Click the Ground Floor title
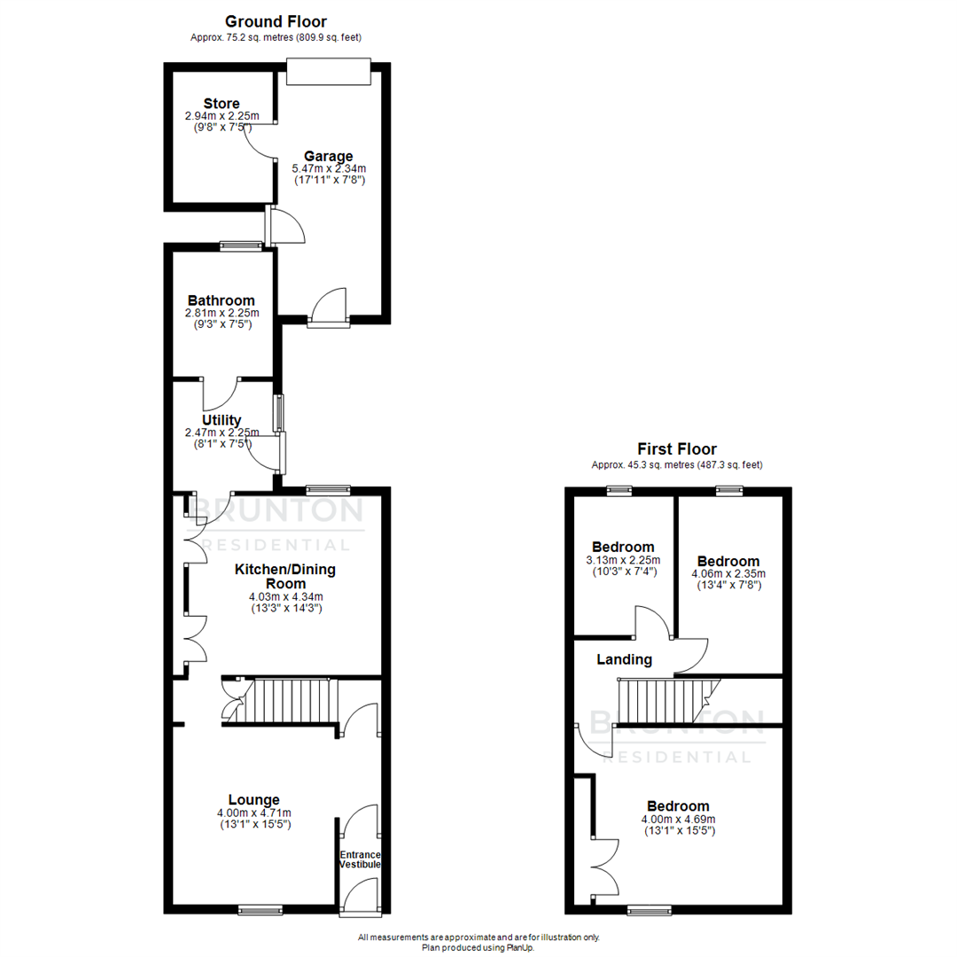click(276, 21)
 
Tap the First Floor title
click(677, 449)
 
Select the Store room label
click(221, 104)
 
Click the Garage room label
click(329, 156)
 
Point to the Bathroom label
click(221, 300)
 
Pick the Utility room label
click(221, 419)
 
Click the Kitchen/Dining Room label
click(284, 576)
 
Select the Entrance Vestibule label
click(361, 860)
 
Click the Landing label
click(624, 659)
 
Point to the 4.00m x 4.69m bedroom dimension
click(678, 819)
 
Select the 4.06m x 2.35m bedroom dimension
click(728, 573)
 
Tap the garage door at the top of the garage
click(327, 72)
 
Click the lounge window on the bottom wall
click(260, 909)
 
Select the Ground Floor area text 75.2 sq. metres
click(276, 37)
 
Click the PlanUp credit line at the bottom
click(478, 947)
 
